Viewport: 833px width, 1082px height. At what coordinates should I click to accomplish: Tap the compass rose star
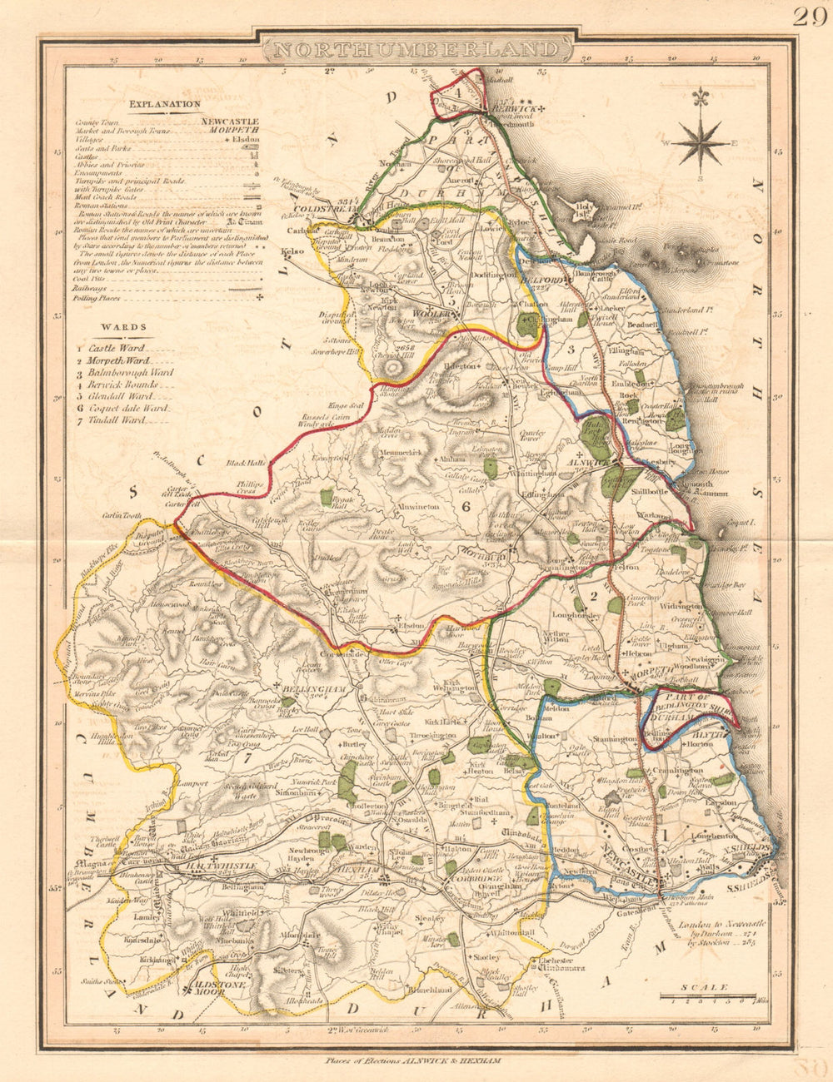[x=700, y=142]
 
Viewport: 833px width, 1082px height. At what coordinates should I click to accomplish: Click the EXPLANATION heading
[x=164, y=104]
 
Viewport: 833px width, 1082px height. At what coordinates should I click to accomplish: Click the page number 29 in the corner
[x=808, y=17]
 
